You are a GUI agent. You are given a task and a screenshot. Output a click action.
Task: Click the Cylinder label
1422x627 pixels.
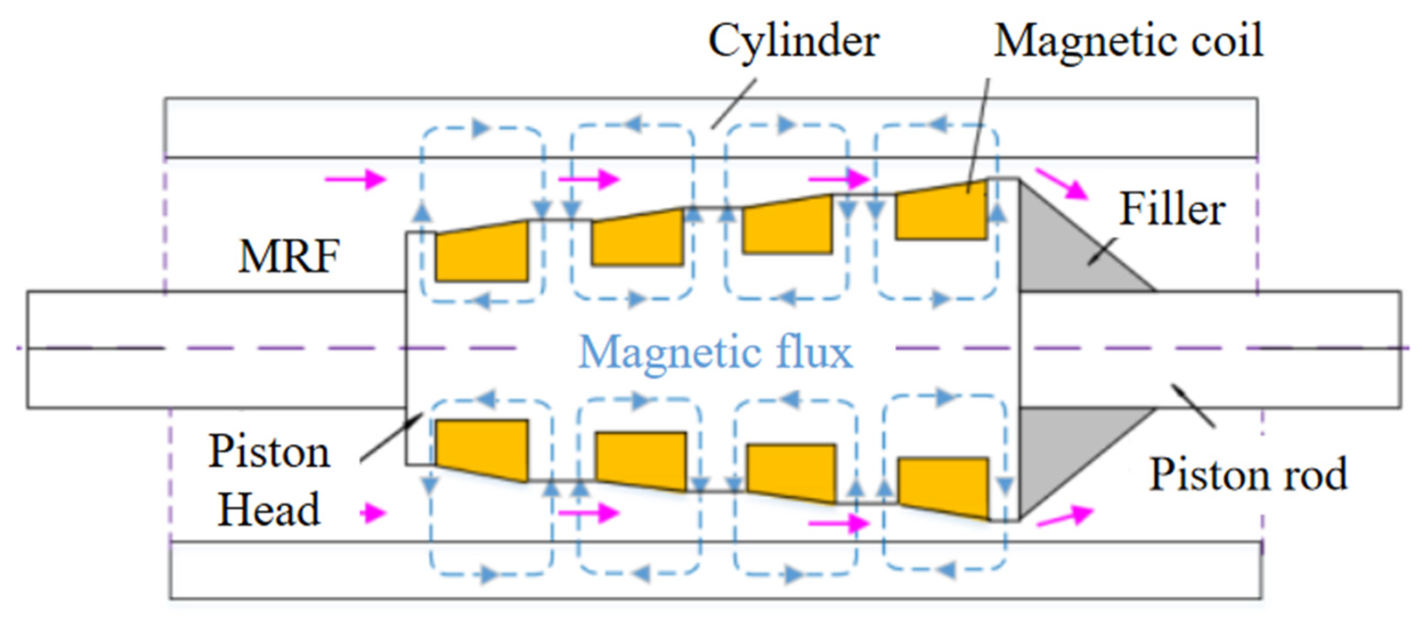(x=793, y=42)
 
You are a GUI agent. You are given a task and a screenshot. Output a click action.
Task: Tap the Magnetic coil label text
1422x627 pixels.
(x=1128, y=42)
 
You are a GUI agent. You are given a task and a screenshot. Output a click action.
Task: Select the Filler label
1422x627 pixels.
(x=1172, y=210)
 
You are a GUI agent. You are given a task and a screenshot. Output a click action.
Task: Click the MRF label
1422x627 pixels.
(x=289, y=257)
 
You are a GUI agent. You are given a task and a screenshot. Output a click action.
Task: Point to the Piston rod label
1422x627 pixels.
(x=1248, y=474)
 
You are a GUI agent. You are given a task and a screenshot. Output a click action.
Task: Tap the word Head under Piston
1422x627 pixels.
(x=268, y=510)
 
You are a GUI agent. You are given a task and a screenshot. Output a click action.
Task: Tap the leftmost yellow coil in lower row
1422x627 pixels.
(x=482, y=447)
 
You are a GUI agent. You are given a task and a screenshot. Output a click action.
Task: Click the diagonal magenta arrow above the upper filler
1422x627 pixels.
(x=1061, y=184)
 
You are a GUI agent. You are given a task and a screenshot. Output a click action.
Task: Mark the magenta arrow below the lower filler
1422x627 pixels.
(x=1064, y=516)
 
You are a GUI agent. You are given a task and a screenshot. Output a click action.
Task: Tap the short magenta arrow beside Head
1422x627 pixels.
(x=373, y=513)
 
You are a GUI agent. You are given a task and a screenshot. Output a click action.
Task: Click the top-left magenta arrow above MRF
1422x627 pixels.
(x=356, y=179)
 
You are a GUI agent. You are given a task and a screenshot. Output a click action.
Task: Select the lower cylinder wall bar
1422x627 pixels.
(x=715, y=570)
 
